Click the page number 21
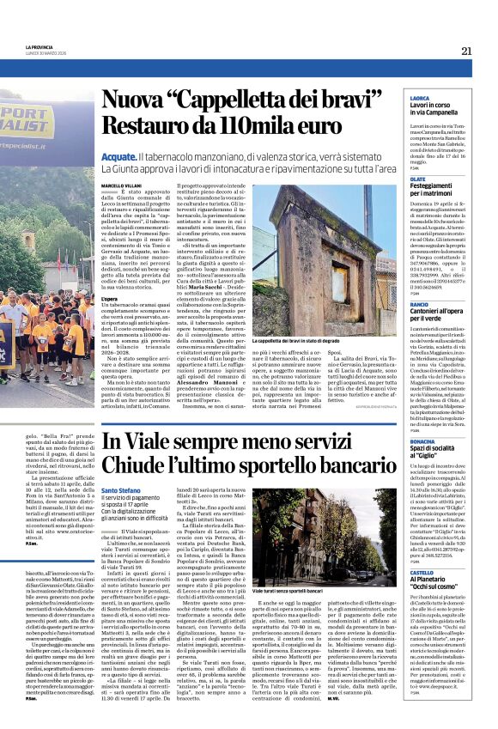pos(466,51)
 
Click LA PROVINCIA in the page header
pos(40,47)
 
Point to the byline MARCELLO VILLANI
pos(121,185)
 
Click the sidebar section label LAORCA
pos(421,99)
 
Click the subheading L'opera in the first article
pos(109,299)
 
